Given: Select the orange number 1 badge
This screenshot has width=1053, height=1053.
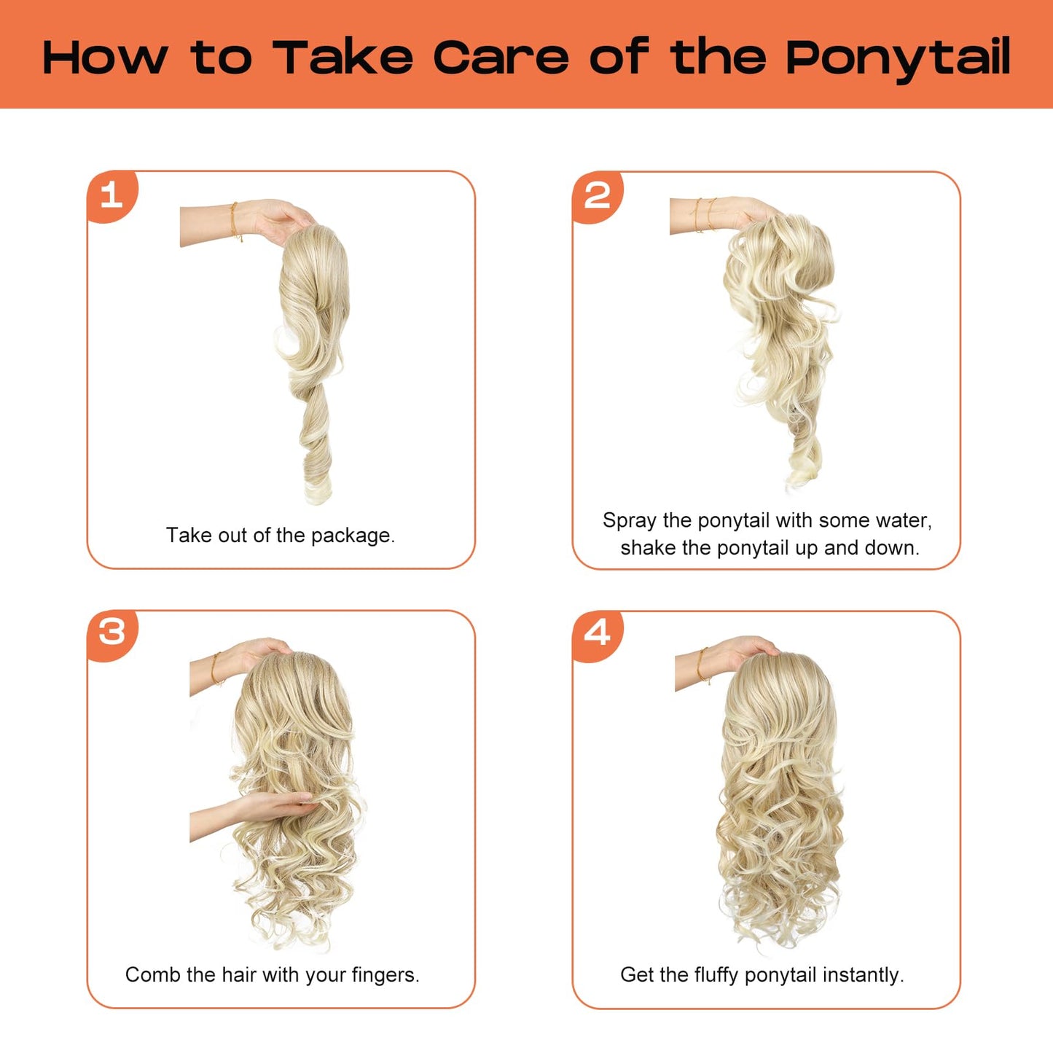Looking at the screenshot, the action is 112,196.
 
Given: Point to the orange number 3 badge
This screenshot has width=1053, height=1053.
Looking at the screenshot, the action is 112,635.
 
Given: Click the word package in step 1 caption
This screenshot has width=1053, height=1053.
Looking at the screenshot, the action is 353,536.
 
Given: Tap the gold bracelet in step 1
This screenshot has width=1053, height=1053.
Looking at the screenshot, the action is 235,221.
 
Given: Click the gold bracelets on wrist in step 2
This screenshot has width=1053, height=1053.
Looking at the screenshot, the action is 704,215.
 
